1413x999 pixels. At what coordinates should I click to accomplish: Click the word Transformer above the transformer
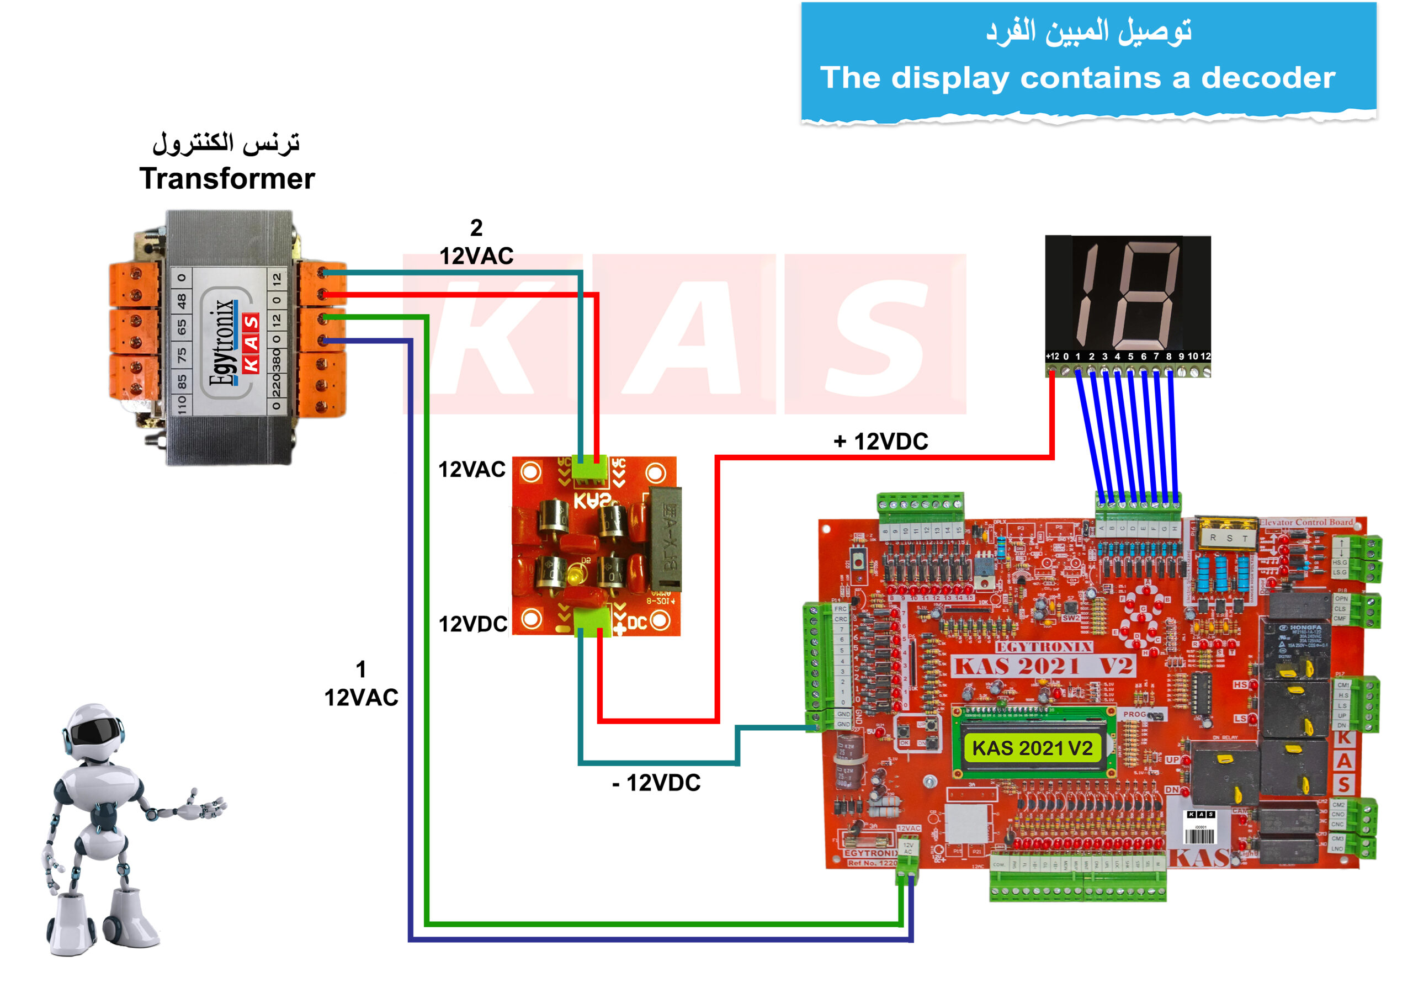coord(226,179)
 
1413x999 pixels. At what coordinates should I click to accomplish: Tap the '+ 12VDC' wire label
coord(881,442)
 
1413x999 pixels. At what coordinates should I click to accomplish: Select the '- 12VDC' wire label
coord(656,783)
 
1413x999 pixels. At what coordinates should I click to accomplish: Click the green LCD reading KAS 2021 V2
coord(1032,748)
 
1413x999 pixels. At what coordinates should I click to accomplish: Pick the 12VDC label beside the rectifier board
coord(472,624)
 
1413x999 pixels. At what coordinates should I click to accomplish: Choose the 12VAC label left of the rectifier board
coord(472,470)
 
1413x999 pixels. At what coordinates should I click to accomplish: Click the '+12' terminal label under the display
coord(1053,357)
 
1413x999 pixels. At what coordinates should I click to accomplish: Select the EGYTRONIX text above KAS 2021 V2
coord(1044,647)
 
